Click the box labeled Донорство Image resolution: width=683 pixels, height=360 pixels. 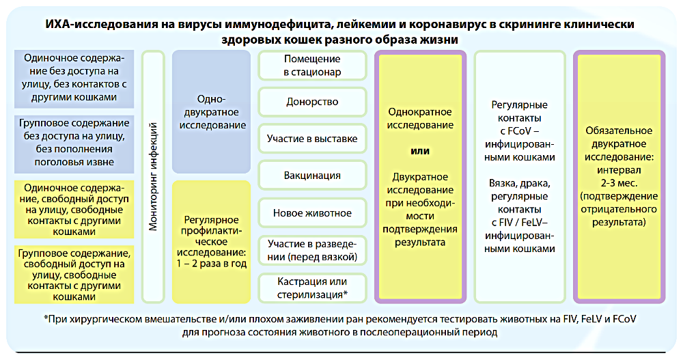[x=312, y=102]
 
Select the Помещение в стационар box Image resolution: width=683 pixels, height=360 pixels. [x=312, y=66]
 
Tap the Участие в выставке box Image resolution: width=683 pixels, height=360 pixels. [x=312, y=139]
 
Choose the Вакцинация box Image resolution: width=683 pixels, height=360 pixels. [x=312, y=176]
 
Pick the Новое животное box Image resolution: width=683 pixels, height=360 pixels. [x=312, y=213]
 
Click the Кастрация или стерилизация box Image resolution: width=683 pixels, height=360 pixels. [x=312, y=288]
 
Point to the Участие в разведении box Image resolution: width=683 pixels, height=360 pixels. [x=312, y=251]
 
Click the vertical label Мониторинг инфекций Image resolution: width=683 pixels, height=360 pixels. [x=153, y=176]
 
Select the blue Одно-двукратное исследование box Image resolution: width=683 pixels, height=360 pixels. [x=211, y=112]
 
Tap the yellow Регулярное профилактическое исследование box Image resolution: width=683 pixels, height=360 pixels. [x=211, y=242]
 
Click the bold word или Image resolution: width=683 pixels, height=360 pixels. [x=420, y=151]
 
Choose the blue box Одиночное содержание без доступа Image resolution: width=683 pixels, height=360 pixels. [x=74, y=79]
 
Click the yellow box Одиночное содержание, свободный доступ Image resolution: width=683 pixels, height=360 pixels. [x=74, y=209]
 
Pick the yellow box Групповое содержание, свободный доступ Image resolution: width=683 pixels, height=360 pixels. [x=74, y=275]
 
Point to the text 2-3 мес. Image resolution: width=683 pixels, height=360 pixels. [x=619, y=183]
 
